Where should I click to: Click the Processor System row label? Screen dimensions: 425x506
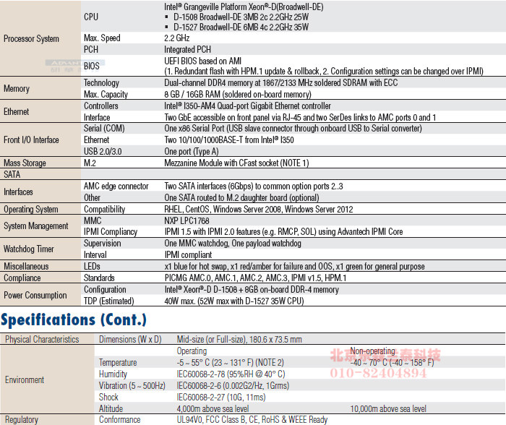tap(31, 39)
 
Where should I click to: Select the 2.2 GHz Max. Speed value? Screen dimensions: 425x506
tap(177, 38)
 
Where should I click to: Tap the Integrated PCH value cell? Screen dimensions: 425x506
tap(188, 49)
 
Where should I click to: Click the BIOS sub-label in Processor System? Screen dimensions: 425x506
tap(92, 66)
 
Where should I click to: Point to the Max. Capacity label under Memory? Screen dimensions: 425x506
tap(106, 95)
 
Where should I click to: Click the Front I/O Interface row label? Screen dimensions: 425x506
tap(31, 140)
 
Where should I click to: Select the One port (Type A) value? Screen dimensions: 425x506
tap(192, 152)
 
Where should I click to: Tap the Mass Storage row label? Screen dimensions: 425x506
tap(25, 163)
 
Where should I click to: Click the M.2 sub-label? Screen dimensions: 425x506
tap(90, 163)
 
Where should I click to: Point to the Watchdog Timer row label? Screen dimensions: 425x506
tap(28, 249)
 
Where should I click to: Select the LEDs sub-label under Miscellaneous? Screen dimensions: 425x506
tap(92, 267)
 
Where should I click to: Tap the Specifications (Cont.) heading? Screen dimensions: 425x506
tap(74, 319)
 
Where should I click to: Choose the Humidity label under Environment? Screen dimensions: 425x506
tap(113, 374)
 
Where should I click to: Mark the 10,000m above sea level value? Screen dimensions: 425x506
tap(388, 409)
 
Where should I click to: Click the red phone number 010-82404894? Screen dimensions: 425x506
tap(379, 373)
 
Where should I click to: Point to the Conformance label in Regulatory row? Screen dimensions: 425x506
tap(120, 420)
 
